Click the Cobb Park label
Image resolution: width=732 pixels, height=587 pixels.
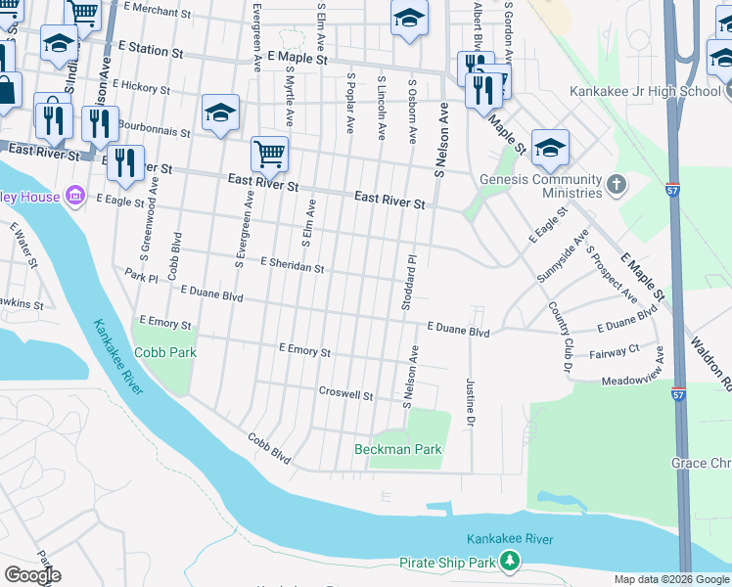[165, 352]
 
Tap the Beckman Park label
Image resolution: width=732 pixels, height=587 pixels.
[397, 450]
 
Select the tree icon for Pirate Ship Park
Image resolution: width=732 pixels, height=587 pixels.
[509, 561]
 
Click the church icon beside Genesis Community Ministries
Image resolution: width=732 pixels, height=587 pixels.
[616, 183]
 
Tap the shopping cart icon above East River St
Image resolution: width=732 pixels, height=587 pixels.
[269, 153]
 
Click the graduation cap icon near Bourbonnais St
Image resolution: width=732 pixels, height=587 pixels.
[221, 112]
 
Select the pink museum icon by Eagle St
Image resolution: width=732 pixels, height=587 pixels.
[73, 197]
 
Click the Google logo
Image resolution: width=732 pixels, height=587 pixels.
[33, 575]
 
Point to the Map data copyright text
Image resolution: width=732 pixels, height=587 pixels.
[670, 579]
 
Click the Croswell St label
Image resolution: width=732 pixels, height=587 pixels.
[346, 393]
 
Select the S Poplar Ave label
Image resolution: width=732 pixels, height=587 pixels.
[348, 103]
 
